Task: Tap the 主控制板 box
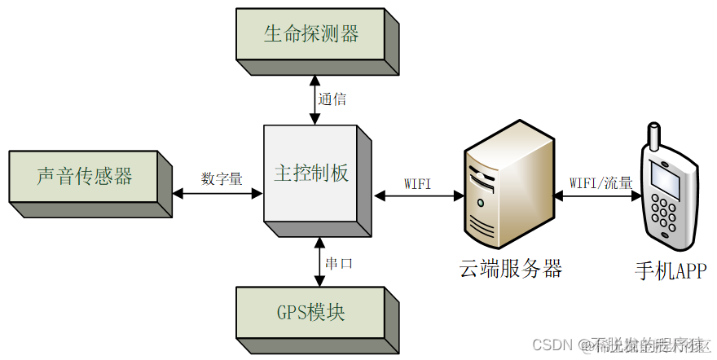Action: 310,173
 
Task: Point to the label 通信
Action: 332,99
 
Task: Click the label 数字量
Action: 222,178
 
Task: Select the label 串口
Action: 339,264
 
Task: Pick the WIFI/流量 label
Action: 601,183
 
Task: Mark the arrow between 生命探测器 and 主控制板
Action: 315,98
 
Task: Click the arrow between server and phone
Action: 598,196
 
